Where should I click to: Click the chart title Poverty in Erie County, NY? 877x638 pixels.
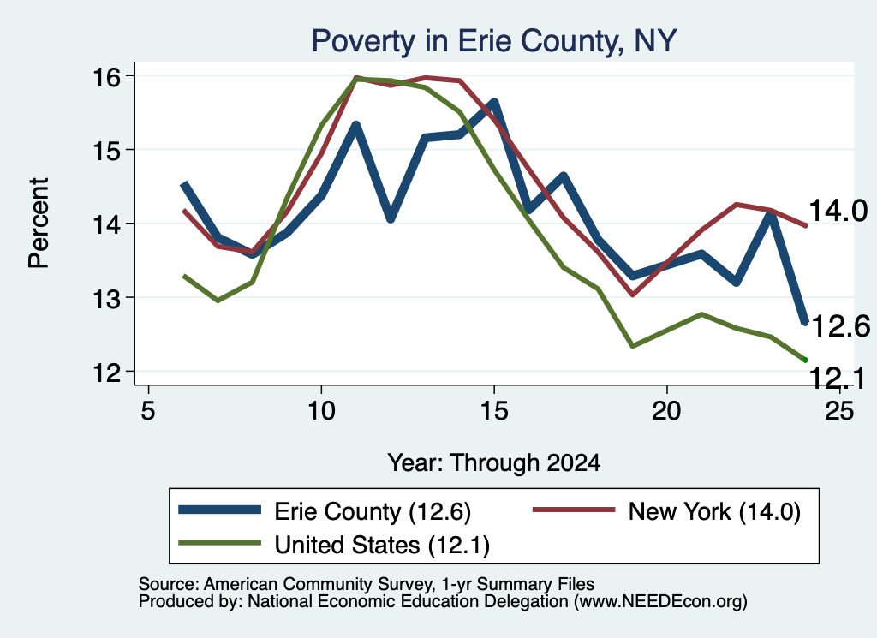(494, 41)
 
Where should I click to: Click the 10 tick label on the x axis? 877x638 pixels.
(321, 411)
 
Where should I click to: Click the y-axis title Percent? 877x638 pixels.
(39, 224)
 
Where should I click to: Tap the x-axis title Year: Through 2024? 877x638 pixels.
(494, 463)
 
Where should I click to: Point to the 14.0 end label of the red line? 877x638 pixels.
(838, 212)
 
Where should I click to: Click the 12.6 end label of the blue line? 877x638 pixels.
(839, 326)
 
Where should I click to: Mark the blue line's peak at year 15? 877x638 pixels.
(494, 102)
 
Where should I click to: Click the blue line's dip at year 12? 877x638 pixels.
(391, 219)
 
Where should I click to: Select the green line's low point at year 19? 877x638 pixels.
(633, 346)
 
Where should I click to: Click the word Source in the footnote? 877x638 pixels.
(167, 584)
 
